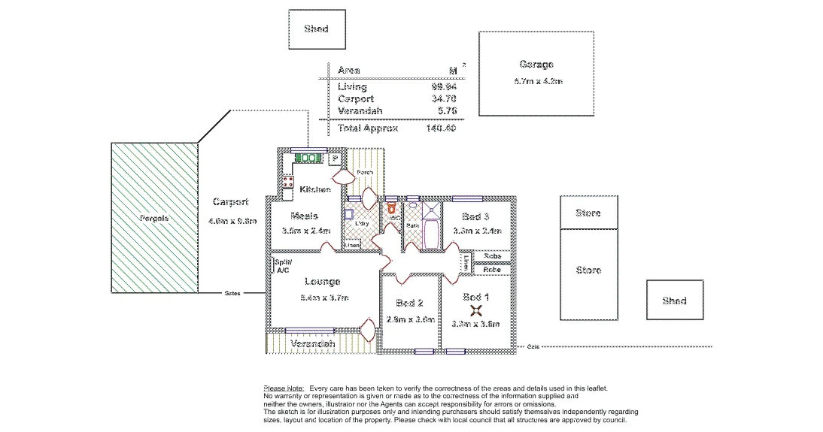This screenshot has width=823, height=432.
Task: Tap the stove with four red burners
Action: pos(287,181)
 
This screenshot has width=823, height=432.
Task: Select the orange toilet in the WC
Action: pos(391,208)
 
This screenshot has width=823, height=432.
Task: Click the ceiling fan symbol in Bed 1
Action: pos(475,310)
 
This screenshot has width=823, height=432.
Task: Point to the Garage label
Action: pos(536,65)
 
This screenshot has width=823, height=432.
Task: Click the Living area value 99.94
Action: pos(443,86)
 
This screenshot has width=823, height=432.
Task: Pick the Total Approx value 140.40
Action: pos(440,128)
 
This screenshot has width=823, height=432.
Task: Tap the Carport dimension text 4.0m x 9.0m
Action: pos(232,221)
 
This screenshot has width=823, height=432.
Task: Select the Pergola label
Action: pos(154,219)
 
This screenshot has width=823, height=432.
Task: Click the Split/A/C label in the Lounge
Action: pos(284,265)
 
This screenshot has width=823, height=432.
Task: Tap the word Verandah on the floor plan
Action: pos(312,343)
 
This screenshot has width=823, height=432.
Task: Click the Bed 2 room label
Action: pos(409,304)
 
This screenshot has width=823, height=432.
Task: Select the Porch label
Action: pos(365,173)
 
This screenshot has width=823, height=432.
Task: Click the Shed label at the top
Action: pos(316,29)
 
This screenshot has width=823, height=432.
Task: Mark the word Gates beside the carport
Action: pos(232,293)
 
